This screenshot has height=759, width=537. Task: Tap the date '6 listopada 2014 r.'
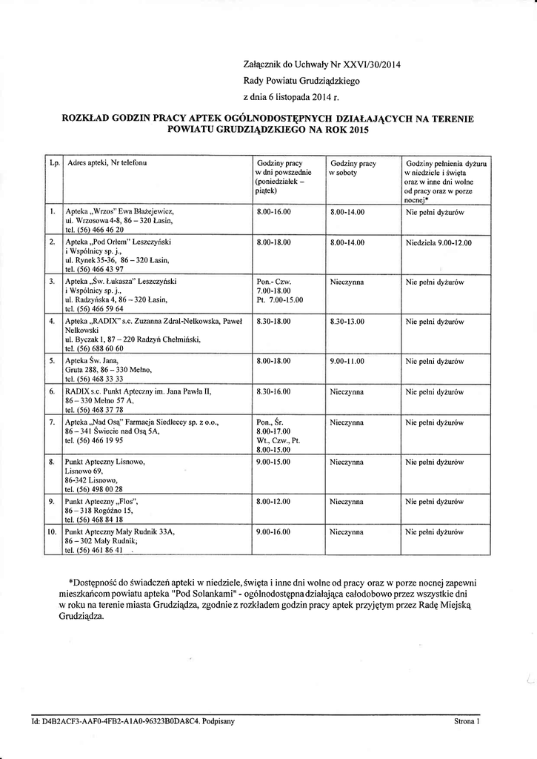(x=307, y=97)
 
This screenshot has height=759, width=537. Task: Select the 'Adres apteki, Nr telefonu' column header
(x=107, y=162)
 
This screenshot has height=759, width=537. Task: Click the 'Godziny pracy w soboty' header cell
(x=353, y=167)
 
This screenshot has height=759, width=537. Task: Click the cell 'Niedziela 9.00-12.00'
(x=438, y=242)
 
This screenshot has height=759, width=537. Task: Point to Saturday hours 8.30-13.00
(x=347, y=322)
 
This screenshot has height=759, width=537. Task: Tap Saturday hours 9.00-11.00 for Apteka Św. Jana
(x=347, y=361)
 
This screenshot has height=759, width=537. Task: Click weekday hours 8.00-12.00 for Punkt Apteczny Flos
(x=273, y=502)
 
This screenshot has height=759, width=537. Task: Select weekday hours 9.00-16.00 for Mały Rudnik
(x=273, y=532)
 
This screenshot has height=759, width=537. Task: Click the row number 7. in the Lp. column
(x=52, y=422)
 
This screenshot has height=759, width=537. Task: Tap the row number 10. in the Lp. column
(x=52, y=532)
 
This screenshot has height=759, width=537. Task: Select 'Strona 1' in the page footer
(x=467, y=720)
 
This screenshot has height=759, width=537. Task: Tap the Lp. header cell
(x=53, y=162)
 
